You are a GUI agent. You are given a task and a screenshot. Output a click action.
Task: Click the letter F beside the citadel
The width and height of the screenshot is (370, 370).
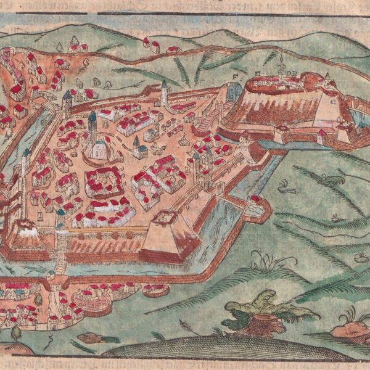(235, 76)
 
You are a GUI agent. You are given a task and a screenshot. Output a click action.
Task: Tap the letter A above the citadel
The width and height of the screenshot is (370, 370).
(327, 76)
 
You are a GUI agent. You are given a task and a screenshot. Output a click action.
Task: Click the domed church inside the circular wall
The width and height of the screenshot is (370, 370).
(99, 148)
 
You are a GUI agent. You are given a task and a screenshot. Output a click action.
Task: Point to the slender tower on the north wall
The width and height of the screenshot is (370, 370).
(164, 94)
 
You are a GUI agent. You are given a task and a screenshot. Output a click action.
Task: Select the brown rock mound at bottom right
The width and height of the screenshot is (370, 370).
(349, 330)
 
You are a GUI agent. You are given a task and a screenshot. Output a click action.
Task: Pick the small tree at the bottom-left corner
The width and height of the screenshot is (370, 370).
(15, 333)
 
